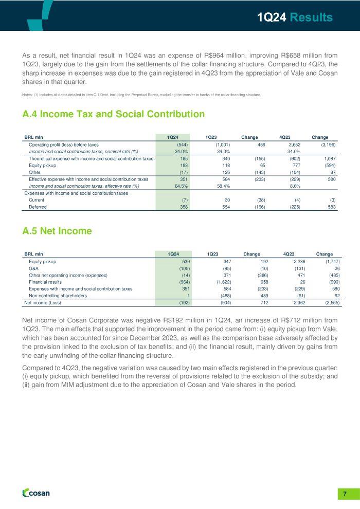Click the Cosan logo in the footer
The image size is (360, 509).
pyautogui.click(x=36, y=493)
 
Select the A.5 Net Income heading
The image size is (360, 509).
pyautogui.click(x=57, y=231)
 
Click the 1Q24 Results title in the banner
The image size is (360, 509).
pyautogui.click(x=295, y=17)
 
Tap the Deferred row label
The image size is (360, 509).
pyautogui.click(x=38, y=207)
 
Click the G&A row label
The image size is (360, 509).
pyautogui.click(x=34, y=268)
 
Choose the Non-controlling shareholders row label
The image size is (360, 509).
pyautogui.click(x=58, y=296)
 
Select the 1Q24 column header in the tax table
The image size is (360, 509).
pyautogui.click(x=173, y=137)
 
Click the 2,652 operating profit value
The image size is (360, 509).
pyautogui.click(x=294, y=145)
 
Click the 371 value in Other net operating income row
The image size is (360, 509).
pyautogui.click(x=226, y=275)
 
